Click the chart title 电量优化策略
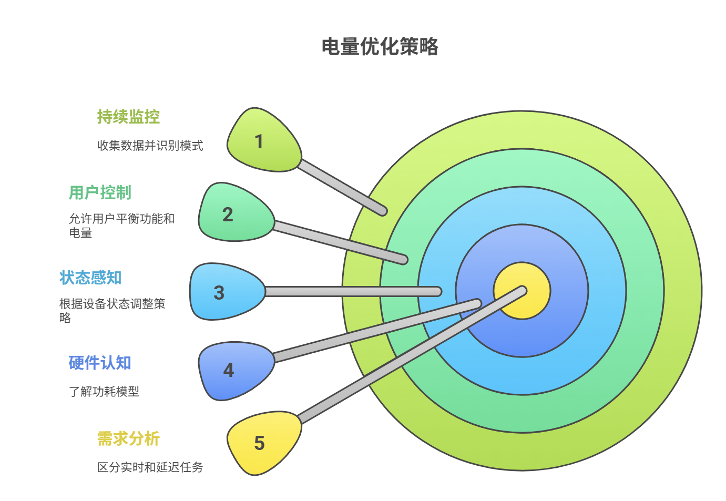coord(380,47)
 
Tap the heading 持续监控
coord(128,117)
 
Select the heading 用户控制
coord(100,192)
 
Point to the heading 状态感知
coord(90,278)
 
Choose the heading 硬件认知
coord(99,363)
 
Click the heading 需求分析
coord(128,438)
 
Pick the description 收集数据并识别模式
coord(150,146)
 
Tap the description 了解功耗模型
coord(104,391)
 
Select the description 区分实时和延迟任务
coord(150,467)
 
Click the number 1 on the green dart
coord(259,141)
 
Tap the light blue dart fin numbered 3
coord(223,292)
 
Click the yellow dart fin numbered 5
coord(260,443)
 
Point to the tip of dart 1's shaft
coord(383,211)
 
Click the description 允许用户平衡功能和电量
coord(121,226)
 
